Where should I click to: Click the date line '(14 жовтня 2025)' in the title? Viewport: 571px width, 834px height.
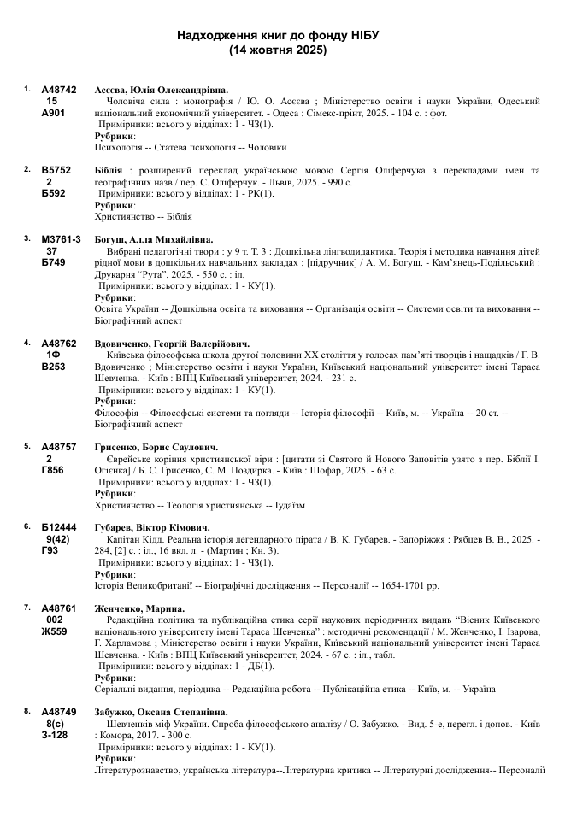point(278,50)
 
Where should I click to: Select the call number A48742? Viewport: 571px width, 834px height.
point(59,89)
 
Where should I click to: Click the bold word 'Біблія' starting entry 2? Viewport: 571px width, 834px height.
point(109,170)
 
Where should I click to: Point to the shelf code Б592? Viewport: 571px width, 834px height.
point(53,194)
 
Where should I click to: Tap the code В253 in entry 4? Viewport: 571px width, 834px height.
point(53,367)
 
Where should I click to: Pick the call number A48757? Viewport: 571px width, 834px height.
point(59,446)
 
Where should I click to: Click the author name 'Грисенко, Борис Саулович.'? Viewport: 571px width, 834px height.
point(156,446)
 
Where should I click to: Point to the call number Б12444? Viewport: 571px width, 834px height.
point(59,527)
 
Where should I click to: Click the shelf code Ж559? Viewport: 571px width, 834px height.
point(54,632)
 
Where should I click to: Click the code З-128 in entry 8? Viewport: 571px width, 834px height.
point(55,735)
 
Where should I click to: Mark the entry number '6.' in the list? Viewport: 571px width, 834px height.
point(27,526)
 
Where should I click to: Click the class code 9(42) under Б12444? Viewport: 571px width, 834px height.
point(58,539)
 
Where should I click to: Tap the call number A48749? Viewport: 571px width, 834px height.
point(59,711)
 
